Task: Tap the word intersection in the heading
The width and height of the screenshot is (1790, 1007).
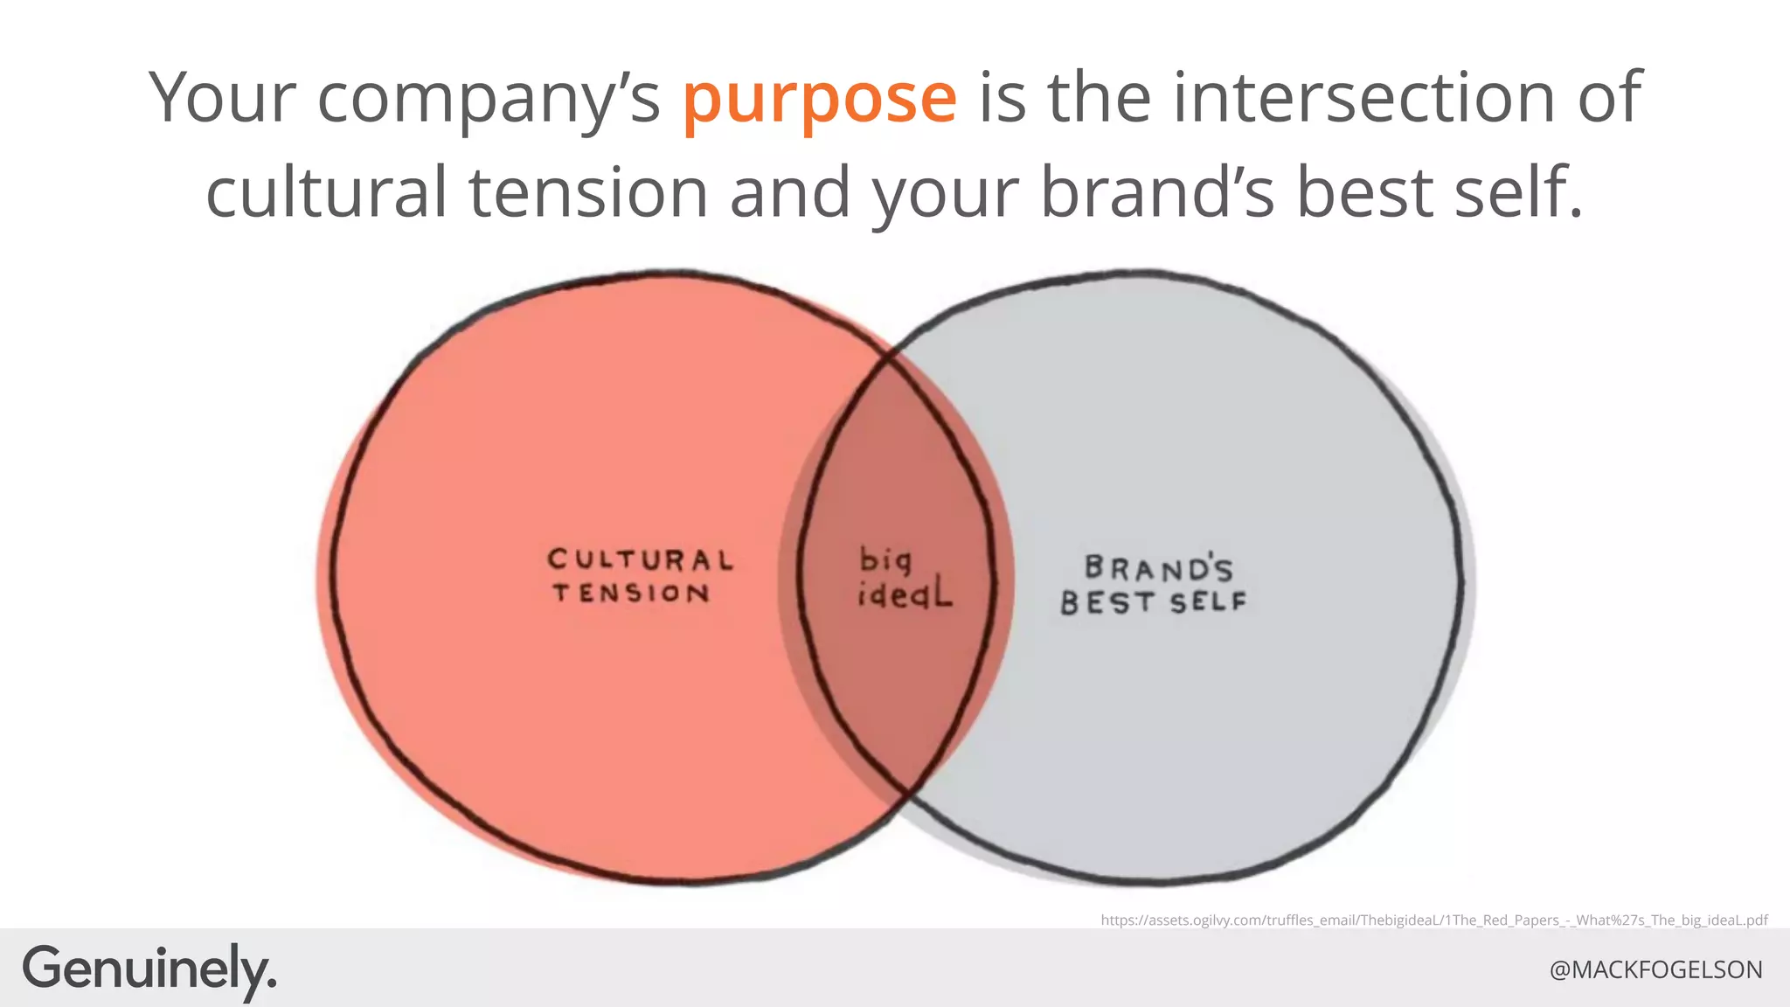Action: point(1363,97)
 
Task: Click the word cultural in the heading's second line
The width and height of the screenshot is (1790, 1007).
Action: point(325,192)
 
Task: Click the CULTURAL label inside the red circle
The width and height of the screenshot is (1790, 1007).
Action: point(640,559)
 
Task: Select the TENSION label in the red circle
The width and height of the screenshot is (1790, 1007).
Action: point(631,594)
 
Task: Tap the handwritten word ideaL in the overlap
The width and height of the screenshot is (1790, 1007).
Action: point(904,595)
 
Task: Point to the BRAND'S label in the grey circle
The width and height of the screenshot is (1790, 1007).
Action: point(1158,569)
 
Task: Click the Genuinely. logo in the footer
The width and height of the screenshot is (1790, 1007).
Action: point(149,969)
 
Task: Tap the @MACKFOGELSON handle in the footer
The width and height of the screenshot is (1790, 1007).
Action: point(1655,969)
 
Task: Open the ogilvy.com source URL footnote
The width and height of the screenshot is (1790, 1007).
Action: point(1433,920)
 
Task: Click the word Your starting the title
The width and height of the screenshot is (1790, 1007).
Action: point(223,97)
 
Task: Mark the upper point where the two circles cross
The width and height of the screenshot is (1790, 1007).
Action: point(890,355)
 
